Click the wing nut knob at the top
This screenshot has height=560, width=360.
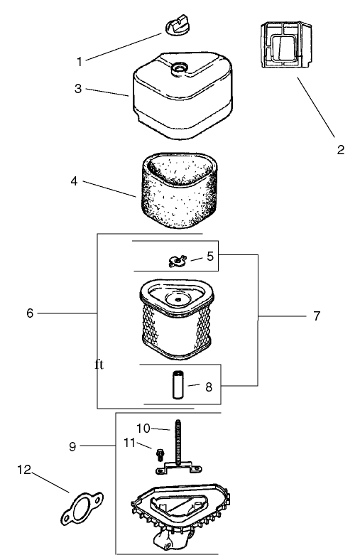point(176,25)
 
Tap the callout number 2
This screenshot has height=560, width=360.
point(341,149)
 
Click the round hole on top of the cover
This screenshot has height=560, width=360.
point(179,67)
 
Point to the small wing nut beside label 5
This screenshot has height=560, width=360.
point(178,261)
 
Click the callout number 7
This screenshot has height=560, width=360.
point(317,316)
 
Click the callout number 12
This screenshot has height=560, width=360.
point(24,470)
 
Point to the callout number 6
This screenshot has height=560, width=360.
point(30,313)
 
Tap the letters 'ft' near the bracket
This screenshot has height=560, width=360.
point(99,365)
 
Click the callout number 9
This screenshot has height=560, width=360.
point(72,446)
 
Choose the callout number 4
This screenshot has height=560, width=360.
point(74,181)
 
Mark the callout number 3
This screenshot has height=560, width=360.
point(78,89)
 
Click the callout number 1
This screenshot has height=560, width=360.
point(80,62)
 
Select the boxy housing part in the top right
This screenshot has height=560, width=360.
point(285,45)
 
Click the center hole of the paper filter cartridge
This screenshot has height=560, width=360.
point(178,298)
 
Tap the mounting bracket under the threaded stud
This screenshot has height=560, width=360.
point(178,467)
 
